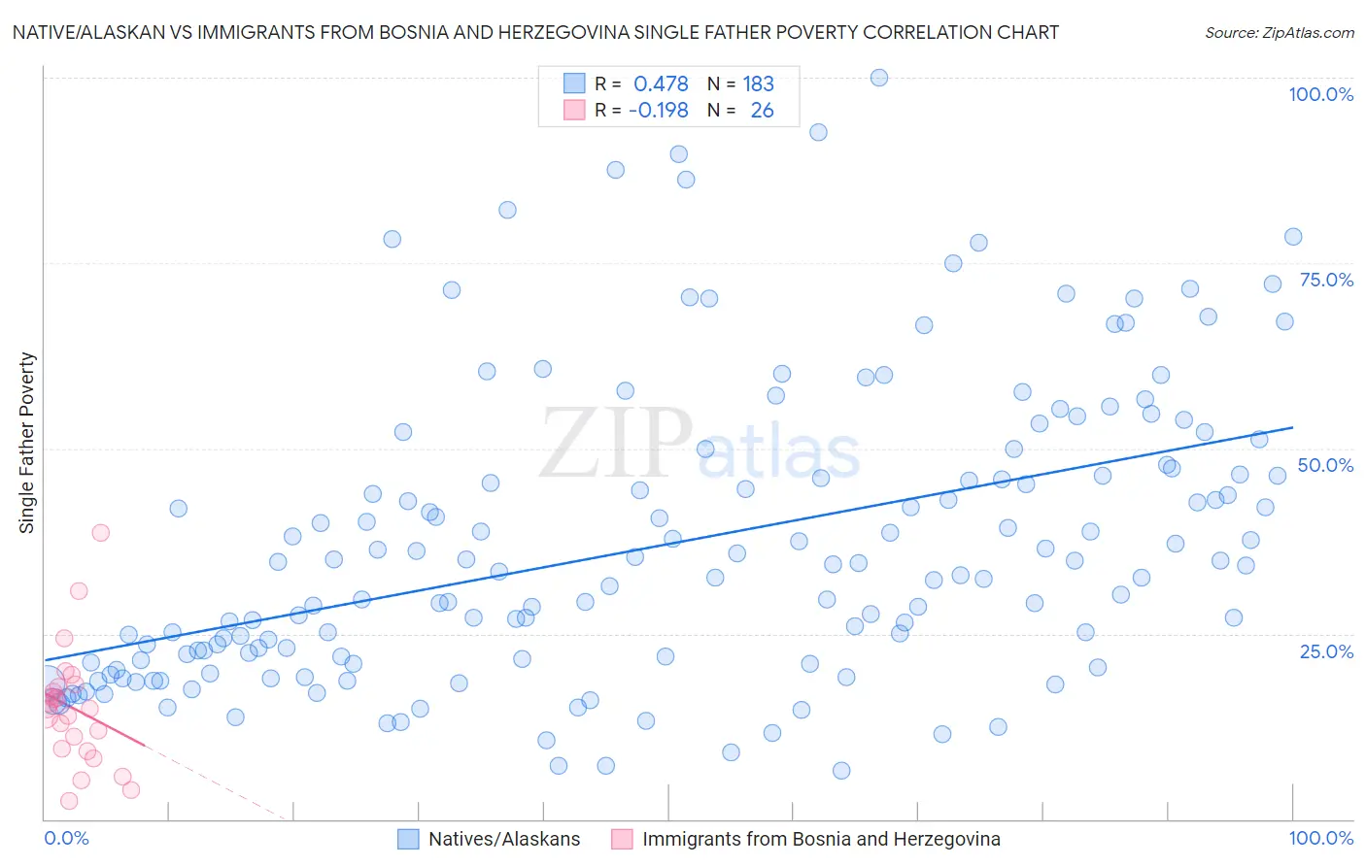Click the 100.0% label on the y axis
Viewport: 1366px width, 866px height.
(1320, 95)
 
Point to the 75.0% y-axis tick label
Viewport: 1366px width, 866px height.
(1326, 280)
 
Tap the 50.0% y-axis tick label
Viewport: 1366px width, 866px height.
(1325, 465)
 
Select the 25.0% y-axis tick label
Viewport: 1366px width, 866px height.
(1326, 650)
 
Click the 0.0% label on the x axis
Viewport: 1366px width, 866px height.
(66, 838)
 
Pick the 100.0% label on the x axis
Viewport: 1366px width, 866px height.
(1320, 838)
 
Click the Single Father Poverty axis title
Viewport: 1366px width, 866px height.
(27, 442)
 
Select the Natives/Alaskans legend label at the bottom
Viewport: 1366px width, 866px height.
(504, 839)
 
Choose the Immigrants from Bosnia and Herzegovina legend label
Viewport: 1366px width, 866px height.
(821, 839)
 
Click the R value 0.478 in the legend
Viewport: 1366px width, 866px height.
(661, 84)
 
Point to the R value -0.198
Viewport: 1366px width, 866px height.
(659, 111)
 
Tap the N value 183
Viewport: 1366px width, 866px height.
(758, 84)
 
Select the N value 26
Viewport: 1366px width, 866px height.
(762, 111)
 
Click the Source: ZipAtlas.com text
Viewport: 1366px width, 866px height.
(1279, 33)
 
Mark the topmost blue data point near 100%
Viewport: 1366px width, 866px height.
(879, 78)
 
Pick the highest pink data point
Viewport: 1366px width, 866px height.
(100, 532)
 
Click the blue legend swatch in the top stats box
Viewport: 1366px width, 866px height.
(574, 83)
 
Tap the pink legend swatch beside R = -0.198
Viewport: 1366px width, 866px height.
(574, 110)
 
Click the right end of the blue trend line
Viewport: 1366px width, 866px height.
(1293, 427)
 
